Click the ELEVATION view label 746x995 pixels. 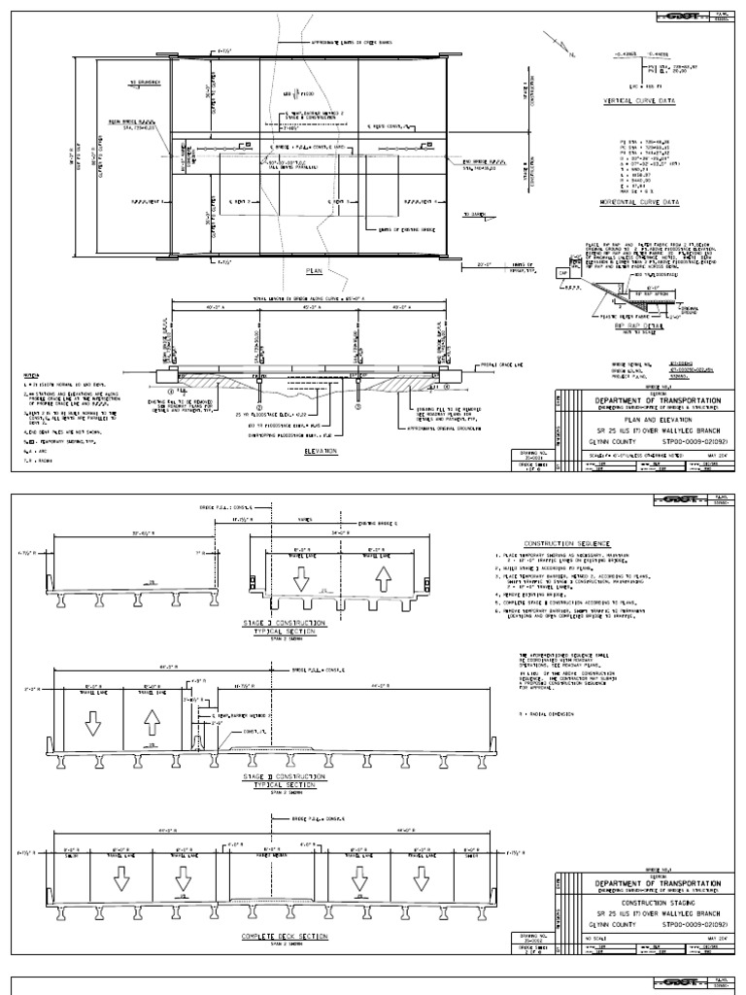click(320, 451)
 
